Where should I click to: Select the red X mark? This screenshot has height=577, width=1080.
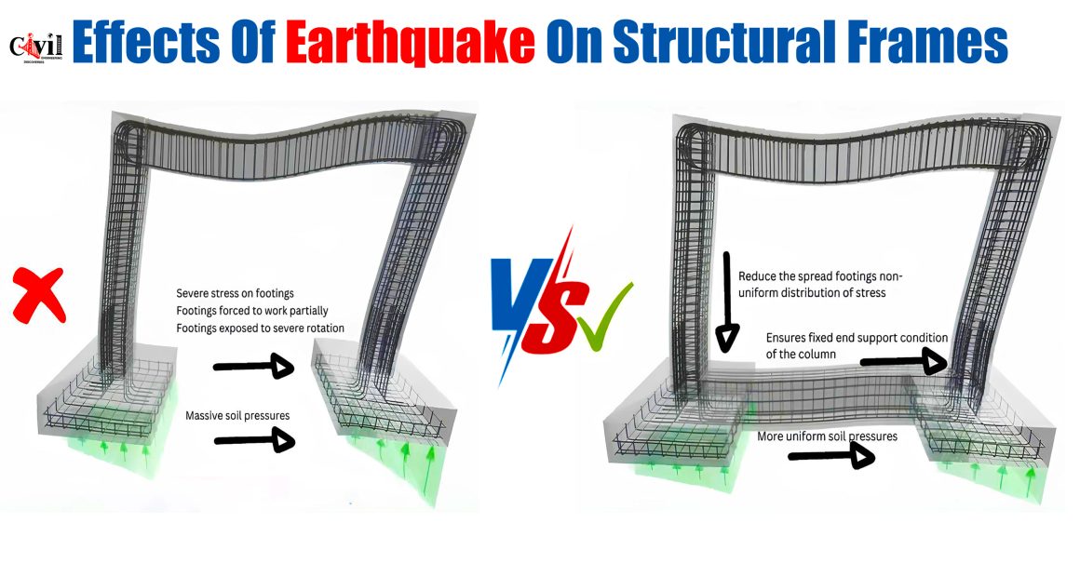point(39,295)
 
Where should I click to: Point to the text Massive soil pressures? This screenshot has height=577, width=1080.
point(237,416)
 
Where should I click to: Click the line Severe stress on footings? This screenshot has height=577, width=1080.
point(235,293)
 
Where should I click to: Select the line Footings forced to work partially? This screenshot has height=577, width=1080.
point(252,311)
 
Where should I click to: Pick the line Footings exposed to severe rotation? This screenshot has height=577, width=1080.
point(261,329)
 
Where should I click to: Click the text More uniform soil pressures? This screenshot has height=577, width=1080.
point(827,436)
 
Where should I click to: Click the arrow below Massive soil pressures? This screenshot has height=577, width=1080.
point(255,440)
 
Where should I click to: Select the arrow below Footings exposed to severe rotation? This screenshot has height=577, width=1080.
point(254,367)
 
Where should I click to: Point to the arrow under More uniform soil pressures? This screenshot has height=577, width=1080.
point(831,455)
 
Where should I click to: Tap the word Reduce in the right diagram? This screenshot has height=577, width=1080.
point(757,276)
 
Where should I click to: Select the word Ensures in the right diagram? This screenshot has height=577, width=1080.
point(786,338)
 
